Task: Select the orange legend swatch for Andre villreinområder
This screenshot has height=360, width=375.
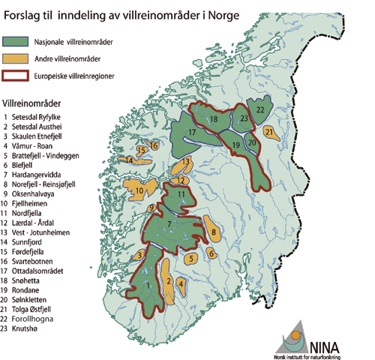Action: click(22, 58)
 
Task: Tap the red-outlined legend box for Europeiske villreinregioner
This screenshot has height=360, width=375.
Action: click(22, 75)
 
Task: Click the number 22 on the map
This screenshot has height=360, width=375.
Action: click(259, 109)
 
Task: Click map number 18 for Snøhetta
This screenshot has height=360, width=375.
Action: click(214, 119)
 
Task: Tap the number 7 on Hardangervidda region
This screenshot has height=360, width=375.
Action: click(169, 224)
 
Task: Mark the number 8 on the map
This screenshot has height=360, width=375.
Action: click(214, 233)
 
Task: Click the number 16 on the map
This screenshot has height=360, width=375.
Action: click(154, 145)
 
